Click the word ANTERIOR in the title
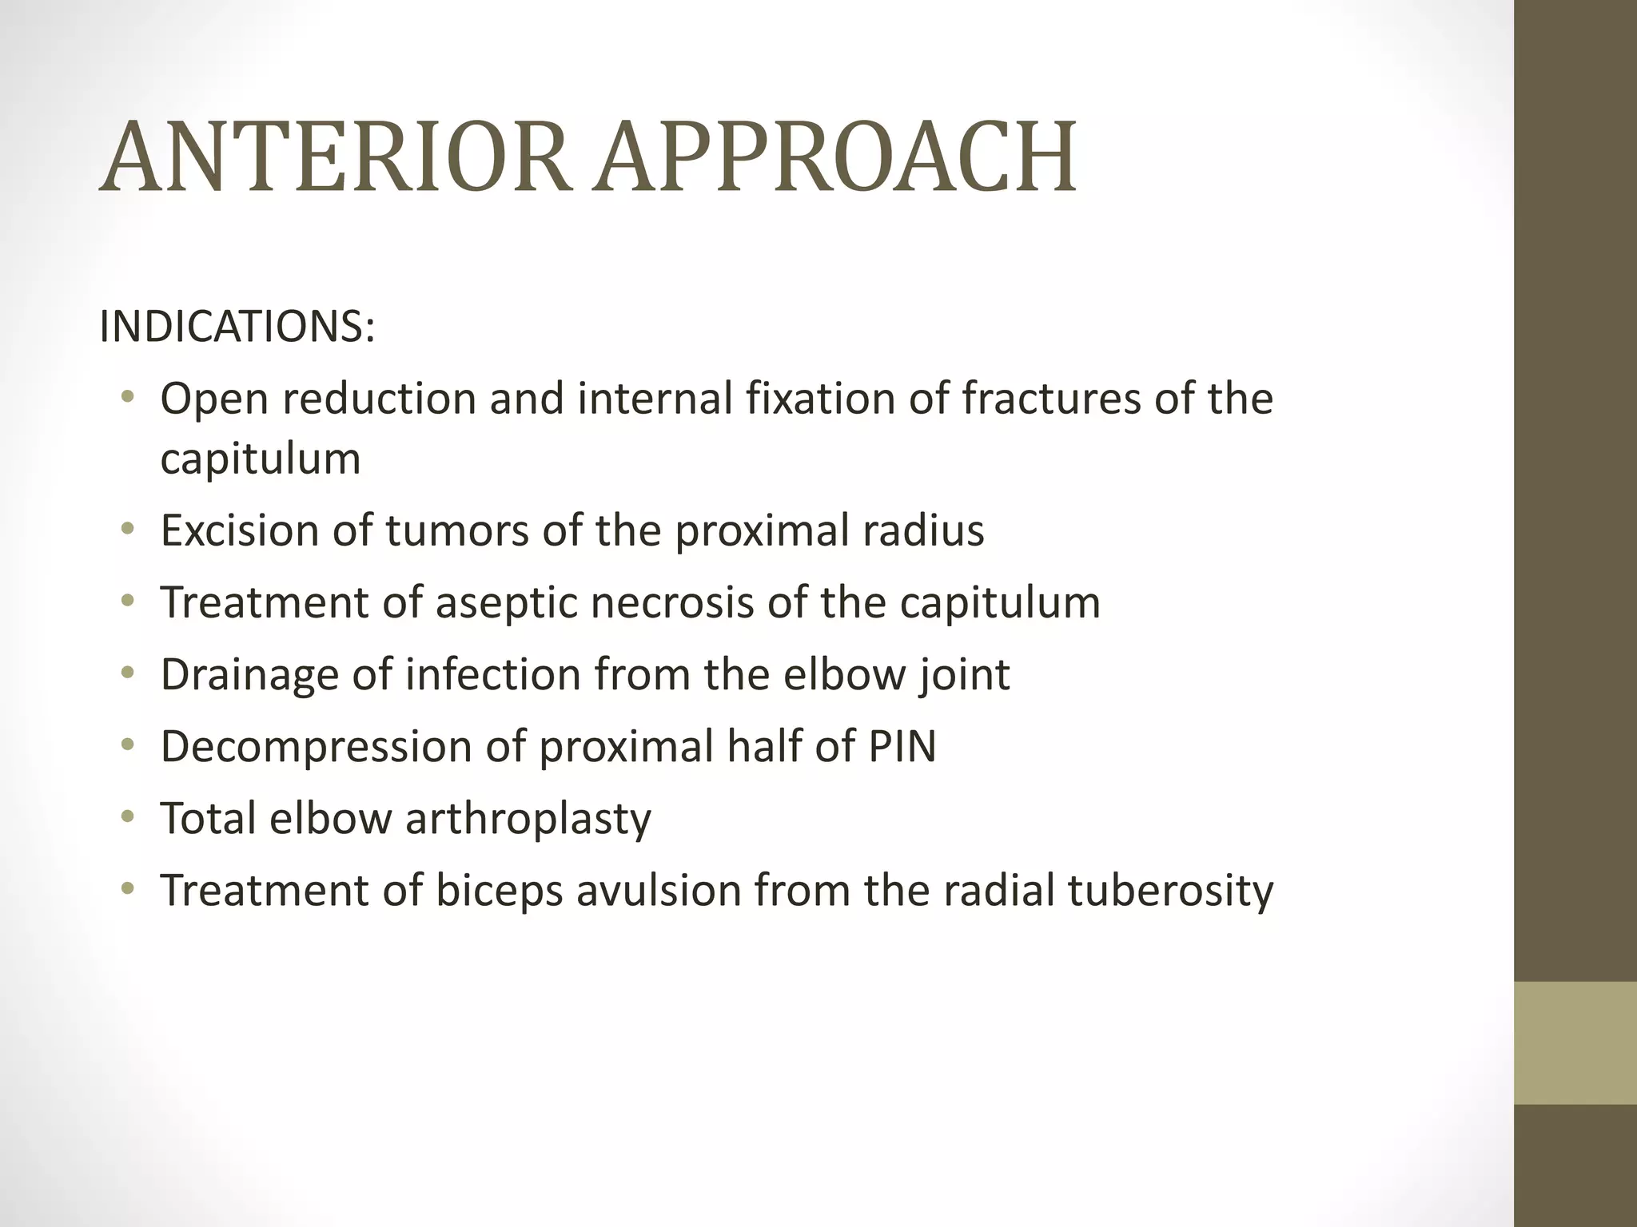click(x=336, y=157)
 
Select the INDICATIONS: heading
click(x=237, y=327)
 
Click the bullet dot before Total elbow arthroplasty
click(x=128, y=816)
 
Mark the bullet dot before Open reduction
click(x=128, y=396)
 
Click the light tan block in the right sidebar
click(x=1575, y=1042)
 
